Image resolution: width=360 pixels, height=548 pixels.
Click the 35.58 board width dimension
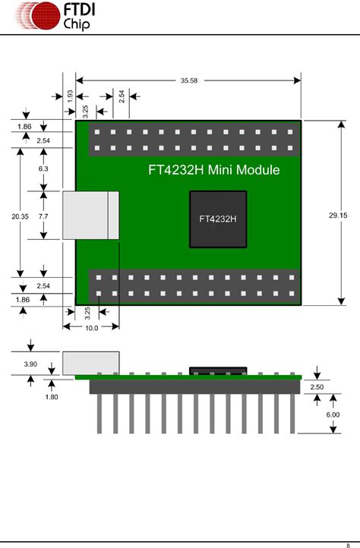189,80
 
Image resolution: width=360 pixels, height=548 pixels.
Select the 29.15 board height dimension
338,216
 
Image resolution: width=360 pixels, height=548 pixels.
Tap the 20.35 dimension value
21,216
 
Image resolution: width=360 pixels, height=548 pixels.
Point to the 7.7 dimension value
43,216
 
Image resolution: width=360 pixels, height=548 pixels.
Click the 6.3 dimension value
43,168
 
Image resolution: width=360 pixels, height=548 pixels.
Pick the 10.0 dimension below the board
90,327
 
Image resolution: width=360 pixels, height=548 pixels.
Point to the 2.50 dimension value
317,387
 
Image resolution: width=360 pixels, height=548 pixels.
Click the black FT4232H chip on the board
218,219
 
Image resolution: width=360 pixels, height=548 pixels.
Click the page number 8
347,543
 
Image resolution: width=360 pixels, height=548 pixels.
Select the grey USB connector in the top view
90,216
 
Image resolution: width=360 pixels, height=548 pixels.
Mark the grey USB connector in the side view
90,362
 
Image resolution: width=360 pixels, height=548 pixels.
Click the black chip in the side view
218,371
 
